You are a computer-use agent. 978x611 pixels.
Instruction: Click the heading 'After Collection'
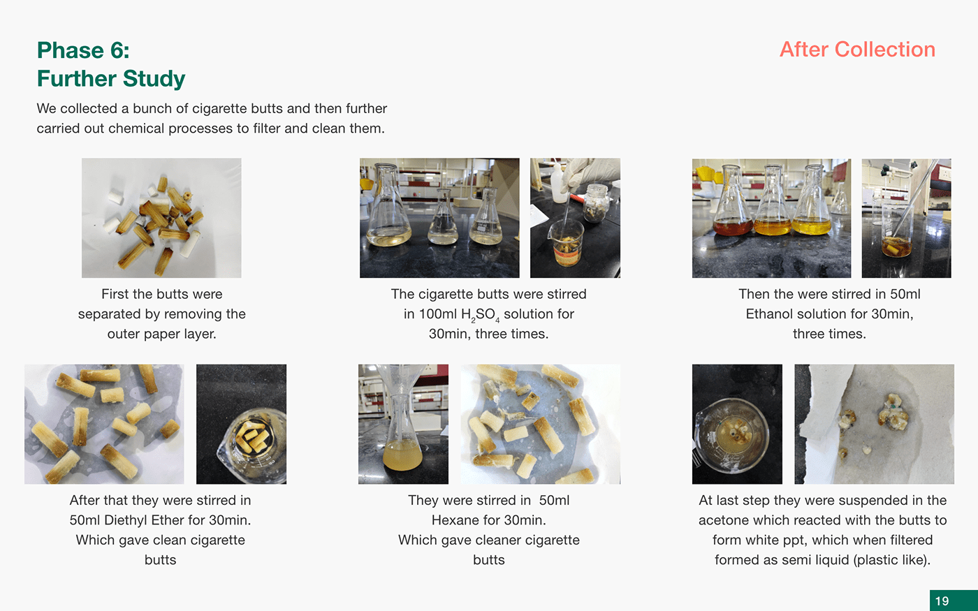coord(857,50)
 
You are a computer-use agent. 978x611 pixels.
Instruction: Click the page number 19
coord(942,601)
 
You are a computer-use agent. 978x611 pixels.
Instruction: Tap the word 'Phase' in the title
coord(70,50)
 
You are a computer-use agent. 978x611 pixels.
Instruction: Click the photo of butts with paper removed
coord(161,218)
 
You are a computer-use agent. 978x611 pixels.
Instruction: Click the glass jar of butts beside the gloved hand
coord(595,203)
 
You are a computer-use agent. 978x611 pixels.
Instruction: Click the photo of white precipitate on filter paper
coord(874,425)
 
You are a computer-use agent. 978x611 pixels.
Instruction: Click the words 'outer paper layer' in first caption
coord(161,334)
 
